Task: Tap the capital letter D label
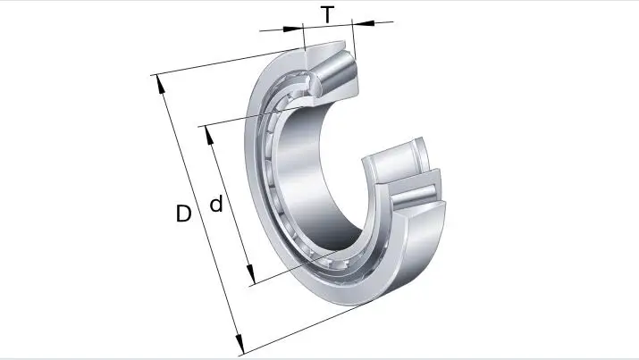[x=183, y=214]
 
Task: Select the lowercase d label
[x=215, y=205]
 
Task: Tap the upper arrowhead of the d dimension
[x=209, y=135]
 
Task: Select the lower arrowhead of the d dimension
[x=251, y=276]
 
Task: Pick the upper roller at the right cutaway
[x=393, y=162]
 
